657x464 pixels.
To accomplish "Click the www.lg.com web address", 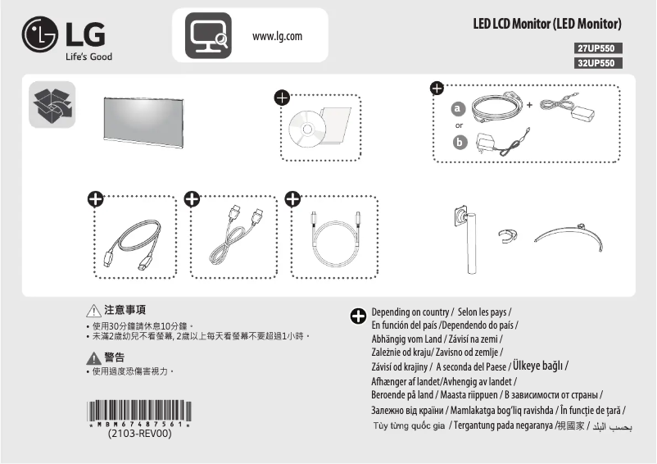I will point(278,37).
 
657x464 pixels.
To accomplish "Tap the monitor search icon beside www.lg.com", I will point(208,37).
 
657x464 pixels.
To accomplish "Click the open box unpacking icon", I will point(52,105).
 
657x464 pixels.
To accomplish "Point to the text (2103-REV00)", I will point(139,434).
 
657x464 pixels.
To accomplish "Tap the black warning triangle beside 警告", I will point(93,357).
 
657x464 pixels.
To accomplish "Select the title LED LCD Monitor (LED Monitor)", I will point(547,23).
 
